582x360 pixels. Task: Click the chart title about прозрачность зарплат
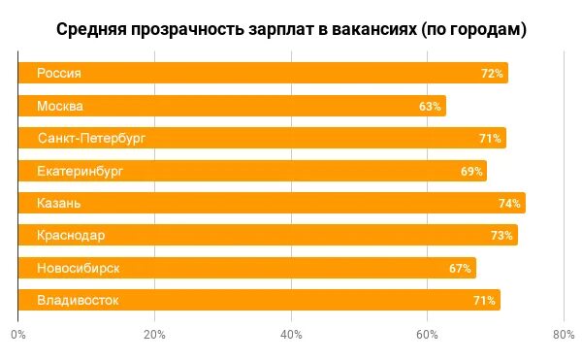(x=291, y=29)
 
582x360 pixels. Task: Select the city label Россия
(x=59, y=74)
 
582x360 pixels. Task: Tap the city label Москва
(x=60, y=106)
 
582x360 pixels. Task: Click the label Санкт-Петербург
(x=91, y=139)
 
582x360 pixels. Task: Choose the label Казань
(x=59, y=203)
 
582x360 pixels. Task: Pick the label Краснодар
(x=71, y=235)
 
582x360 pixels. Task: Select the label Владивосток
(x=78, y=300)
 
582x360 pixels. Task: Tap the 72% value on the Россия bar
(x=492, y=74)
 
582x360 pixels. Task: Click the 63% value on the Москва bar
(x=430, y=106)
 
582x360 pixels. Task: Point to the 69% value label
(x=471, y=171)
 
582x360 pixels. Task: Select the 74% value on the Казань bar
(x=510, y=203)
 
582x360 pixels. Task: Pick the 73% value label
(x=501, y=235)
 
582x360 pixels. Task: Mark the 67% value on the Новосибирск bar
(x=460, y=267)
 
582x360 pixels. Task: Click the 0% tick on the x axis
(x=18, y=335)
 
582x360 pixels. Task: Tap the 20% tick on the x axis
(x=154, y=335)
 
